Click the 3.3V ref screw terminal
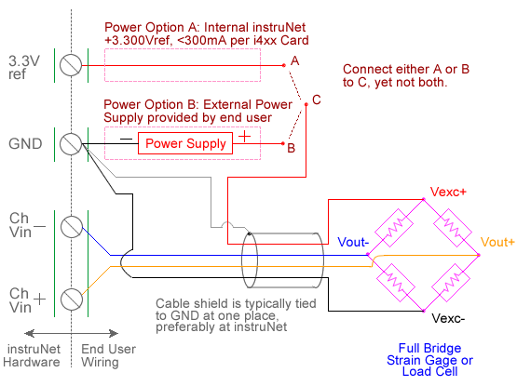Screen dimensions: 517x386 [71, 65]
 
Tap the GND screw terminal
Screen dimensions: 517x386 [71, 144]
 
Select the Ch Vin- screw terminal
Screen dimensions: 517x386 [72, 227]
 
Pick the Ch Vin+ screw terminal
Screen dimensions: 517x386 [72, 299]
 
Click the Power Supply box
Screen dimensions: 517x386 [185, 143]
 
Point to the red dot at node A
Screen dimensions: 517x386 [284, 65]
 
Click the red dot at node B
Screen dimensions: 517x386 [283, 143]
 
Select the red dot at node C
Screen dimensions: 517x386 [306, 104]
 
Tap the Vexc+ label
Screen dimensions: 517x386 [448, 192]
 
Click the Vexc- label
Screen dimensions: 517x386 [448, 318]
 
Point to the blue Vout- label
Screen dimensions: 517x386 [353, 242]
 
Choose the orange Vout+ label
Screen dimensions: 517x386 [497, 242]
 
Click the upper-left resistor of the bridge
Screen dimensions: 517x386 [394, 228]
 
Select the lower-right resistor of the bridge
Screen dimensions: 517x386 [451, 283]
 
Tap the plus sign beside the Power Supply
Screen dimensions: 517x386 [244, 136]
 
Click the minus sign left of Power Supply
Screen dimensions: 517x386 [126, 139]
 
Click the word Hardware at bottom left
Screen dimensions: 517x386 [32, 363]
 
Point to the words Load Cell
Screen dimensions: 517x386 [430, 371]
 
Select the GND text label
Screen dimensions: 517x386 [25, 144]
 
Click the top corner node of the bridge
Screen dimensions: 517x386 [424, 199]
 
